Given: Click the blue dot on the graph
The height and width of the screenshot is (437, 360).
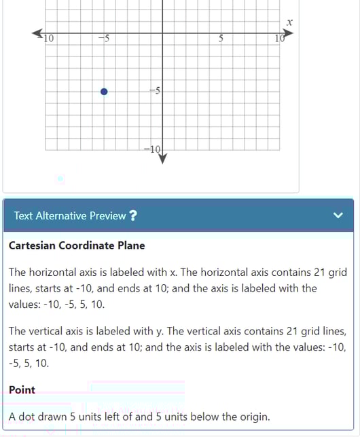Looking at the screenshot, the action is point(104,92).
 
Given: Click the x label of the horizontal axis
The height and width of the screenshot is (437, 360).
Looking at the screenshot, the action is point(289,22).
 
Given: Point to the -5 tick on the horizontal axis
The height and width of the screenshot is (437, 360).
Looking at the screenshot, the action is point(104,38).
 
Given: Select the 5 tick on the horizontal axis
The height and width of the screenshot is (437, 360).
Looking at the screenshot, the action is point(221,38).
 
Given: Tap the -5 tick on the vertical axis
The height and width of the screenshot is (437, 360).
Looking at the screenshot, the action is point(154,90).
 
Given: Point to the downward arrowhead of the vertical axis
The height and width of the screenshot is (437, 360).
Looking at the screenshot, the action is point(162,158).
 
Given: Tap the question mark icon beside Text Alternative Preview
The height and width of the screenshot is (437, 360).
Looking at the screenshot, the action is point(133,215).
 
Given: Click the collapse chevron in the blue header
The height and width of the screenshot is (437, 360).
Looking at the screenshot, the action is point(339,215).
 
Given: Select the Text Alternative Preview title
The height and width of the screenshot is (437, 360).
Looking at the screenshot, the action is point(70,215).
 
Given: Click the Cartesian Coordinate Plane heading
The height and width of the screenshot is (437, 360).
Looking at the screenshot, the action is point(77,245).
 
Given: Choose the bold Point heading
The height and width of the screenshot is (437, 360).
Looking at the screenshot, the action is point(22,390).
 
